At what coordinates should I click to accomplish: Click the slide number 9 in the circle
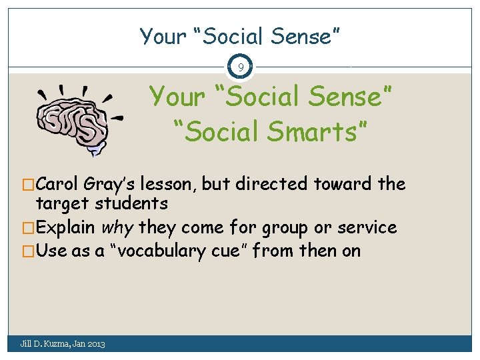tap(240, 67)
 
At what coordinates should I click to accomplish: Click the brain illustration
tap(77, 119)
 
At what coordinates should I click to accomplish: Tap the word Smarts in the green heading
tap(317, 132)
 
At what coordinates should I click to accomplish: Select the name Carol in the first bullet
tap(59, 184)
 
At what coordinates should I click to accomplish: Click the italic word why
tap(117, 227)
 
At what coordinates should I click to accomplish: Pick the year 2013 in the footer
tap(95, 343)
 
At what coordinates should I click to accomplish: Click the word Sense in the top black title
tap(304, 36)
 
